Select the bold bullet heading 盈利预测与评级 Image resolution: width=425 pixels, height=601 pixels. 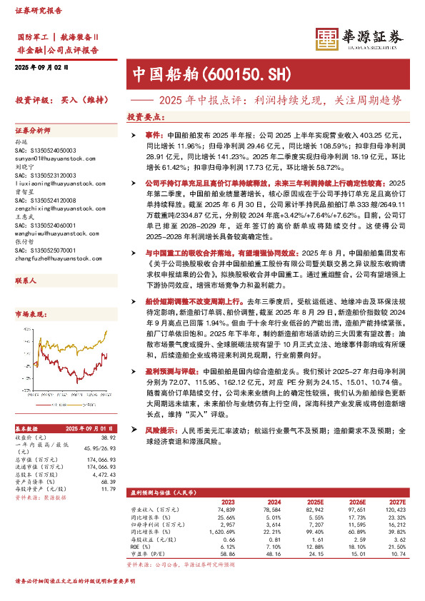pos(161,371)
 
